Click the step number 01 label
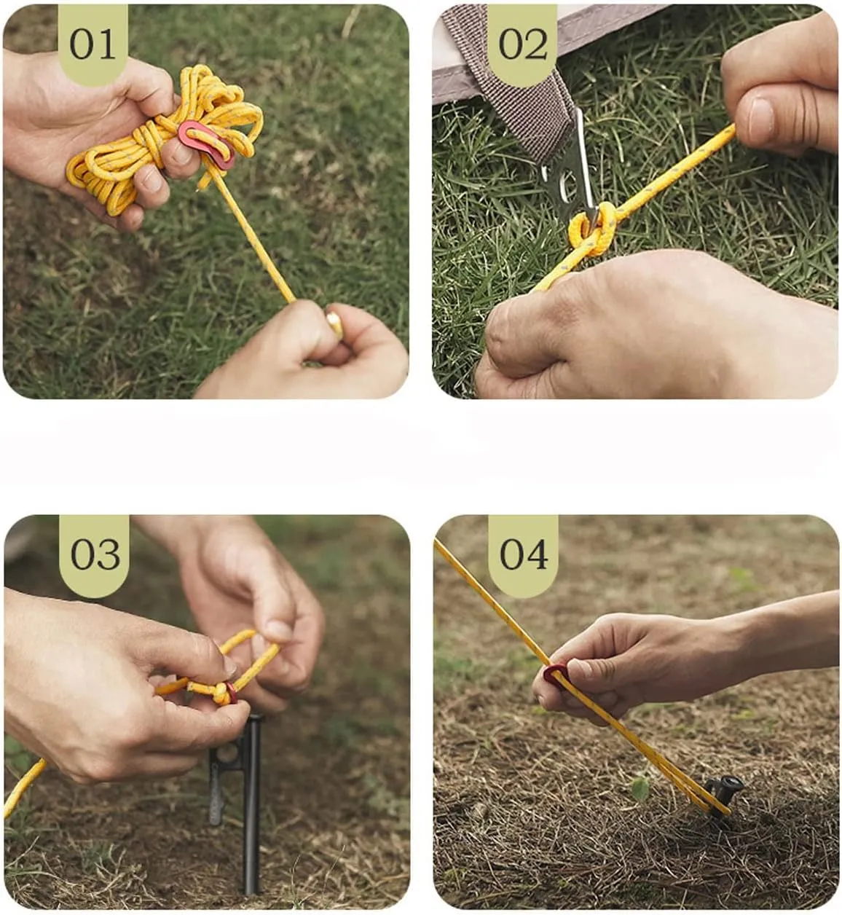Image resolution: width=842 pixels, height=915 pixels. point(93,44)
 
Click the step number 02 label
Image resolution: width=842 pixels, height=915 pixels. point(523,44)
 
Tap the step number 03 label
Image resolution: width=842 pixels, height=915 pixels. point(95,555)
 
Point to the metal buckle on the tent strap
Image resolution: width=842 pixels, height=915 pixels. point(570,170)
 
